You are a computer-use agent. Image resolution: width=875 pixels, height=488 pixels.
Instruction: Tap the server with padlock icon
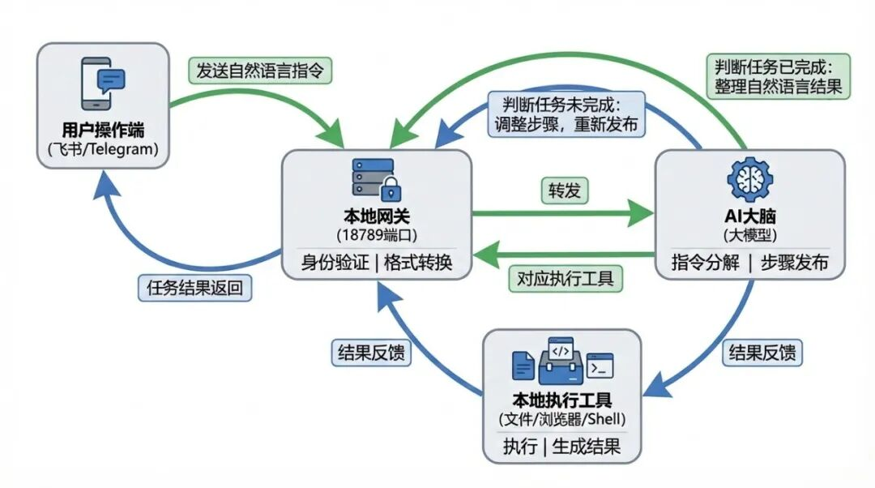coord(377,179)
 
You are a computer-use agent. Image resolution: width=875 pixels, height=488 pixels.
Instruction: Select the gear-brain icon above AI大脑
coord(749,180)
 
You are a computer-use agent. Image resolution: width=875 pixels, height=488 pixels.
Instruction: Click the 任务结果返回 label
coord(194,287)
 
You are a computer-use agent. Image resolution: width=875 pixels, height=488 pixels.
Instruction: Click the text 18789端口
coord(376,234)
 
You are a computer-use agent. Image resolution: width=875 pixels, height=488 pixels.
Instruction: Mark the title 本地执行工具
coord(561,400)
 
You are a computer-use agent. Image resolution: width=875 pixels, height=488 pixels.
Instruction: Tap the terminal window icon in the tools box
coord(600,366)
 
